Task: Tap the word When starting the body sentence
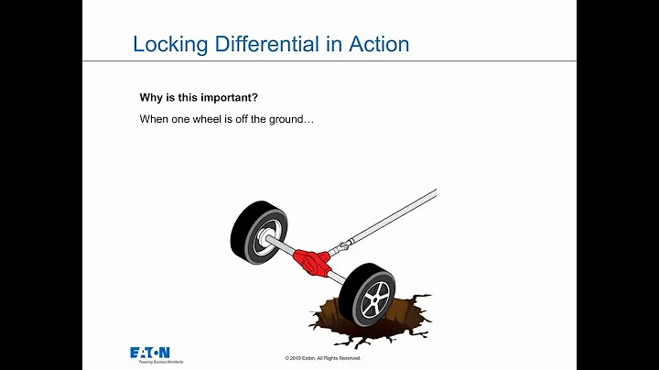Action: (153, 119)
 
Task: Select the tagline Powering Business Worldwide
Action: (157, 363)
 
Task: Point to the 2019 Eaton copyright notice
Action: (322, 358)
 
